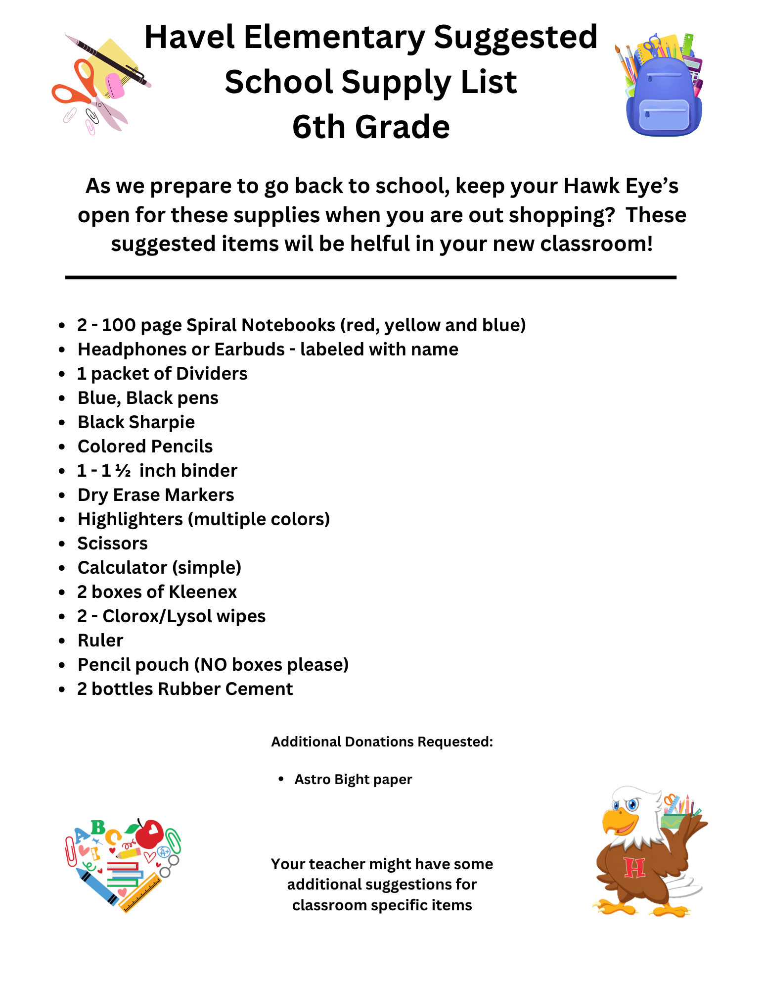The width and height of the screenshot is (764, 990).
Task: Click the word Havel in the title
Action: (189, 38)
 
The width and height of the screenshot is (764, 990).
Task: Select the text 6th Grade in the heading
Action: (371, 127)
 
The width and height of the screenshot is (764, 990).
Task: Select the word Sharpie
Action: (162, 422)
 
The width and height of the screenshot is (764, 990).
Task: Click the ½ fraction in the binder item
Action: (123, 471)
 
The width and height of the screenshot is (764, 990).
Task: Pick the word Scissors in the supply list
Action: (113, 544)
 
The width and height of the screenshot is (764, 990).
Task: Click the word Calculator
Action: (122, 568)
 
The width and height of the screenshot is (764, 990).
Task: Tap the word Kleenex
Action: (203, 592)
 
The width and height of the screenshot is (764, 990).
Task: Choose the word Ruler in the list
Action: (100, 641)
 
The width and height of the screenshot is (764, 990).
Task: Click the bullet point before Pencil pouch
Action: (62, 665)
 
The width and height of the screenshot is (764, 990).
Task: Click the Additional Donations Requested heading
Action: (382, 742)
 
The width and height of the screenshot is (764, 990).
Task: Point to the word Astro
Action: (312, 780)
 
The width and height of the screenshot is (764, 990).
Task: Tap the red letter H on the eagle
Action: (634, 868)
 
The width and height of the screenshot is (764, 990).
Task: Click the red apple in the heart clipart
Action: (149, 834)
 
